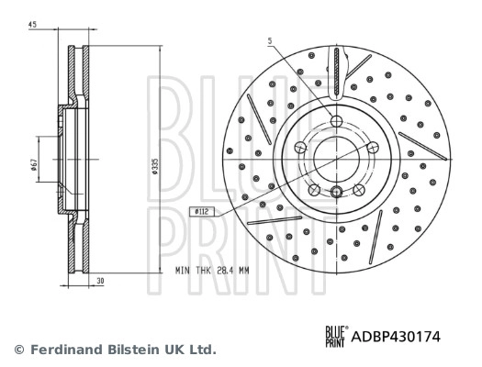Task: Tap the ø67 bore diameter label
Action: tap(34, 164)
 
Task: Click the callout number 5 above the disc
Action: tap(270, 40)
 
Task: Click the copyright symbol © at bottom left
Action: tap(17, 350)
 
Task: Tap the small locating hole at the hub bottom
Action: tap(336, 191)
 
